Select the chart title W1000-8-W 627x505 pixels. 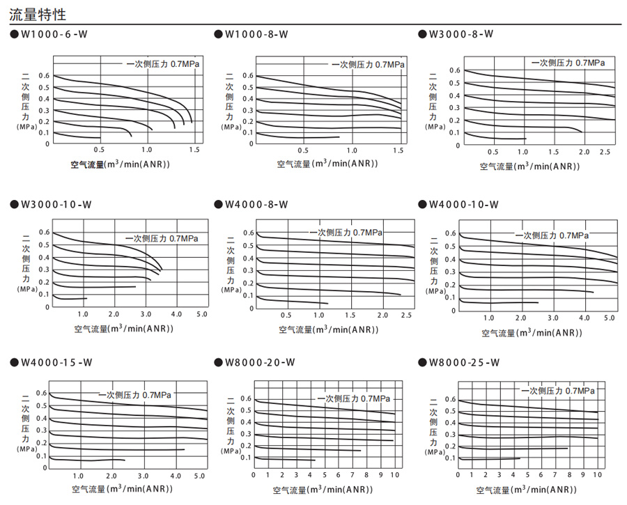coord(257,33)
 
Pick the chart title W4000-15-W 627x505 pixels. coord(56,362)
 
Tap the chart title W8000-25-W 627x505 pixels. coord(465,362)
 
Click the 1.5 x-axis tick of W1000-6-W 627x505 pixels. coord(194,150)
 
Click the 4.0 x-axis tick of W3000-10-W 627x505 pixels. coord(177,315)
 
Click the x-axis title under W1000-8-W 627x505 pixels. coord(327,164)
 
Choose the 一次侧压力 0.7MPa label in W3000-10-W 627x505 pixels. coord(162,238)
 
